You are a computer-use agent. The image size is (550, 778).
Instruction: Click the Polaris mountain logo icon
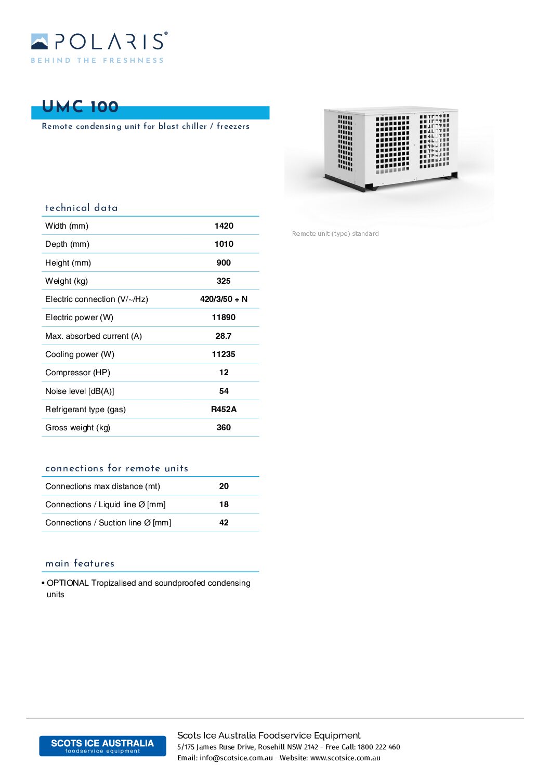40,42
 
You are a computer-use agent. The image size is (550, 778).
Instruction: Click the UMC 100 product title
80,107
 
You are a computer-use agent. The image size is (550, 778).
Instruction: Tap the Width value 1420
224,226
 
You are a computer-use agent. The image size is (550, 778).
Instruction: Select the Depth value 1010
224,244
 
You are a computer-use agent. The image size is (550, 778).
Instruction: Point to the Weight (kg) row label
67,281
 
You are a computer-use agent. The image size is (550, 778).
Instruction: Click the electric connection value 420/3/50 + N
224,299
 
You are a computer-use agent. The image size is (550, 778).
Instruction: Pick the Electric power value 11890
224,317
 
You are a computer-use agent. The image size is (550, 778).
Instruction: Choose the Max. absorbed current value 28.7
224,336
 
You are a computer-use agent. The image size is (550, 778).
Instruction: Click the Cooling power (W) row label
80,354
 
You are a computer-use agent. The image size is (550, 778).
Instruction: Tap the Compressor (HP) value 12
224,372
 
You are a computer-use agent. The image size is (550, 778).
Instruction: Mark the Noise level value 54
224,391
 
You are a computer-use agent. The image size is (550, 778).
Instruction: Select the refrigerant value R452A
224,409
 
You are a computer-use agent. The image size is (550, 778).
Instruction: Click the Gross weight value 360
224,427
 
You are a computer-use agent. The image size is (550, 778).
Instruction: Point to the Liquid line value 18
224,504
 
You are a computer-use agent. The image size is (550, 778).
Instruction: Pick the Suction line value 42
224,522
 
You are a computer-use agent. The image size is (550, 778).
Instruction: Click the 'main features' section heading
80,563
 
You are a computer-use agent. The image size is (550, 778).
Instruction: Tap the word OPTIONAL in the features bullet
68,583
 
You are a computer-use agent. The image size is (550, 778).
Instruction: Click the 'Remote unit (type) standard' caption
335,234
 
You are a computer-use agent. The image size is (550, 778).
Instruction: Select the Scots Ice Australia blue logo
102,746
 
